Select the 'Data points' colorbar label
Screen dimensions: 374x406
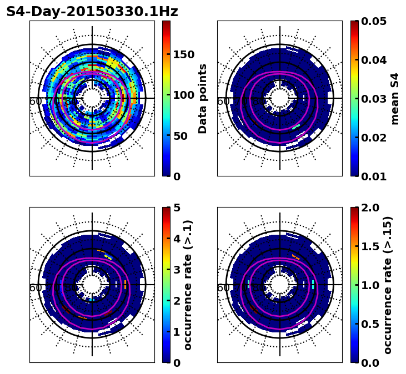click(x=203, y=98)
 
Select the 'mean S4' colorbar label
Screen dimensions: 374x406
click(x=395, y=98)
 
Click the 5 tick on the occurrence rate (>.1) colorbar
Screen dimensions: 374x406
click(x=177, y=208)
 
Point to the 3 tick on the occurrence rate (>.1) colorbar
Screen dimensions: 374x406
click(x=177, y=270)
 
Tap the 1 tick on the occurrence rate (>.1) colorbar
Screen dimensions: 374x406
click(x=177, y=332)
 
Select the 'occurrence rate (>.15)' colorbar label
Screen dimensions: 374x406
click(x=388, y=285)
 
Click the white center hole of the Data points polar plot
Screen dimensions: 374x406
click(x=92, y=98)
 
